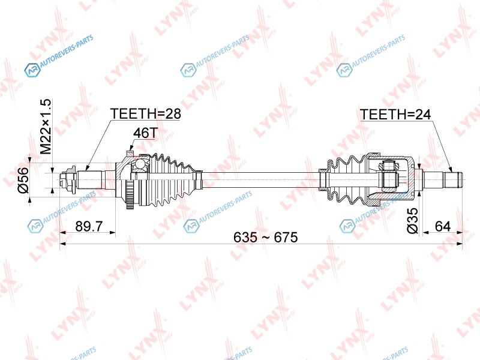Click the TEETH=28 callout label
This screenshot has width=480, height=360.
pos(146,113)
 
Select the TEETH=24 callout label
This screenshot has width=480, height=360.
pos(395,115)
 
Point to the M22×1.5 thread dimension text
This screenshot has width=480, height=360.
pos(47,127)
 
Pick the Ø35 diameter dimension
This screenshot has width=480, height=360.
pos(412,220)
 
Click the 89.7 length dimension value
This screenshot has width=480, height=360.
pos(89,227)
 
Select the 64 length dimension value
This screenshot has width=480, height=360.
pos(443,227)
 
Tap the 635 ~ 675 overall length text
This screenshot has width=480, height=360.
pos(265,237)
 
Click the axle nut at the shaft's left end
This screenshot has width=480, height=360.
pos(67,179)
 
